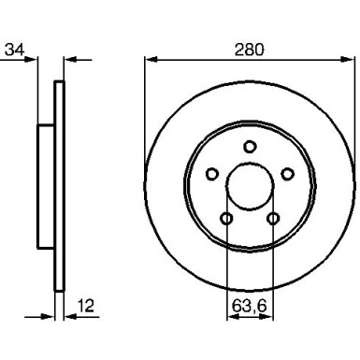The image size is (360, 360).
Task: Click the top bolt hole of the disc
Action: point(250,146)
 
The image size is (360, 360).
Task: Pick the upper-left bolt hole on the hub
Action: point(211,173)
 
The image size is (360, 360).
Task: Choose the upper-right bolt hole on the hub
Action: point(287,173)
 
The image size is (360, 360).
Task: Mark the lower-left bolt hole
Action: point(226,218)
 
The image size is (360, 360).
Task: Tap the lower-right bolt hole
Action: point(273,218)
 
